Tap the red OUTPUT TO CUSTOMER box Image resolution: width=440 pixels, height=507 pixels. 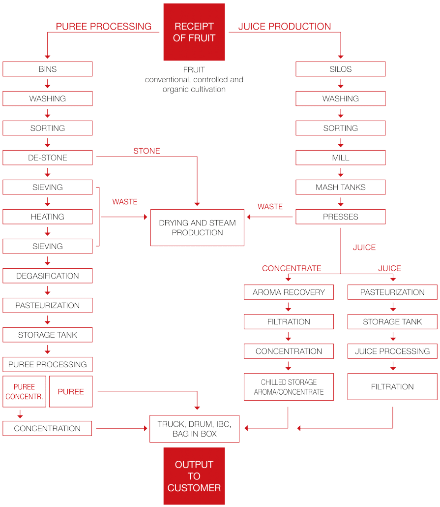(x=194, y=476)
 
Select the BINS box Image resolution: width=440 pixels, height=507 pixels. (x=48, y=69)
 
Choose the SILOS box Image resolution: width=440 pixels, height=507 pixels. (x=341, y=69)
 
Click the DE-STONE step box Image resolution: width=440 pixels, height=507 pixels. (x=48, y=158)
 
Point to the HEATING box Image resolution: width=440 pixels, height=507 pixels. (x=48, y=217)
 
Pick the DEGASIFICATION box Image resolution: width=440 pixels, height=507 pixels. (x=48, y=276)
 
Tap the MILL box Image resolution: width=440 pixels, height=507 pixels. (x=341, y=158)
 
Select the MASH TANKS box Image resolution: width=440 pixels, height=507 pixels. (x=341, y=188)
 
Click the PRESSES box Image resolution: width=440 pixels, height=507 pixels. (x=341, y=217)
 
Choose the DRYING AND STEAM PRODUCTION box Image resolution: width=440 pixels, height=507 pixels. (x=197, y=228)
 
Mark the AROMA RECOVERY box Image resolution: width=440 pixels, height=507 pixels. (x=289, y=292)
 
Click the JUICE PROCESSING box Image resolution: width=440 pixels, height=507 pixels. (x=392, y=351)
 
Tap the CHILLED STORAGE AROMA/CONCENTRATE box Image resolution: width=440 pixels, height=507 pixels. (x=289, y=387)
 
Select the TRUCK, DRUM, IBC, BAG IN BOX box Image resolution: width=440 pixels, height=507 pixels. (x=194, y=429)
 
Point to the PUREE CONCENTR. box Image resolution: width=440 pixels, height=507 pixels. (x=24, y=392)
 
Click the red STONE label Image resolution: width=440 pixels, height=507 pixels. (x=147, y=151)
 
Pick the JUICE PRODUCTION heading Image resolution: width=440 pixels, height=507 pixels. (x=285, y=27)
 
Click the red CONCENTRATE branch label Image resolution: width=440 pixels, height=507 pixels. (x=292, y=268)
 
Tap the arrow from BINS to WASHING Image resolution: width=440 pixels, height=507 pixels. (x=48, y=84)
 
